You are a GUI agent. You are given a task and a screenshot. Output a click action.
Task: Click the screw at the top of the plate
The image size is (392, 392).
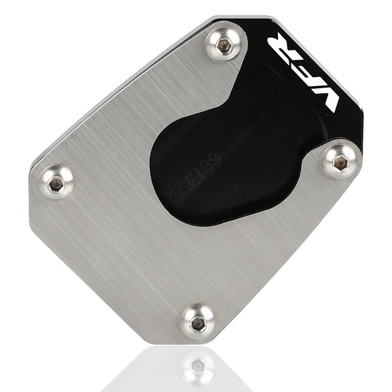pyautogui.click(x=224, y=45)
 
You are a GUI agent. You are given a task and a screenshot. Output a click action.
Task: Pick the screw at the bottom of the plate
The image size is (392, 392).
pyautogui.click(x=197, y=322)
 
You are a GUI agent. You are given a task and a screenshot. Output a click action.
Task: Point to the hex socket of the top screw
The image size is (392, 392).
pyautogui.click(x=224, y=46)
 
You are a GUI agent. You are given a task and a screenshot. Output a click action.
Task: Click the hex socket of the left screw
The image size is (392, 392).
pyautogui.click(x=56, y=184)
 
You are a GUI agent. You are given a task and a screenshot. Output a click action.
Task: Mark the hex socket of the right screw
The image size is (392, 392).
pyautogui.click(x=341, y=164)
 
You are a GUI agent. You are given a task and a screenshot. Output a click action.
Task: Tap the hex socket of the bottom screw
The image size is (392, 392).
pyautogui.click(x=198, y=324)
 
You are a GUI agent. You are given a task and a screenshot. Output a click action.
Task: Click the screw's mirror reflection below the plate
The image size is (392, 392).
pyautogui.click(x=197, y=365)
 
